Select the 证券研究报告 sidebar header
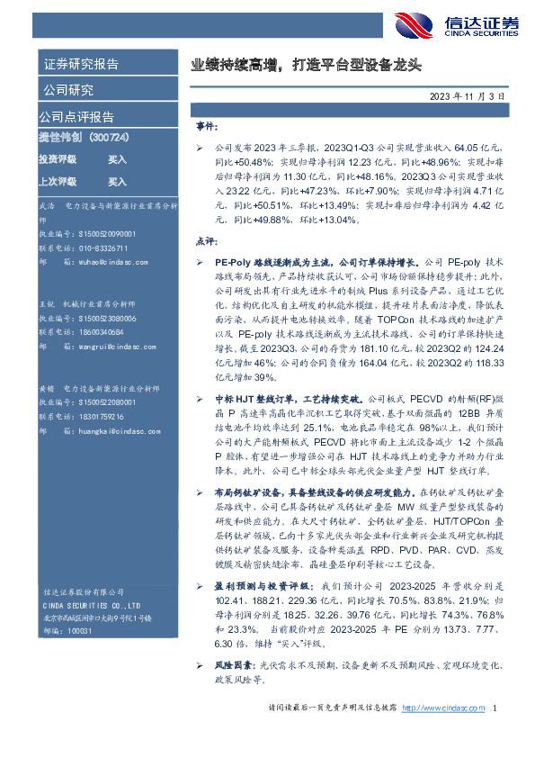(x=81, y=64)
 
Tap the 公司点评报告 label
(x=76, y=117)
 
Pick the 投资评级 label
(x=57, y=158)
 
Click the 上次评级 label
(x=57, y=181)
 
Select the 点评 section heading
(x=206, y=241)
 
